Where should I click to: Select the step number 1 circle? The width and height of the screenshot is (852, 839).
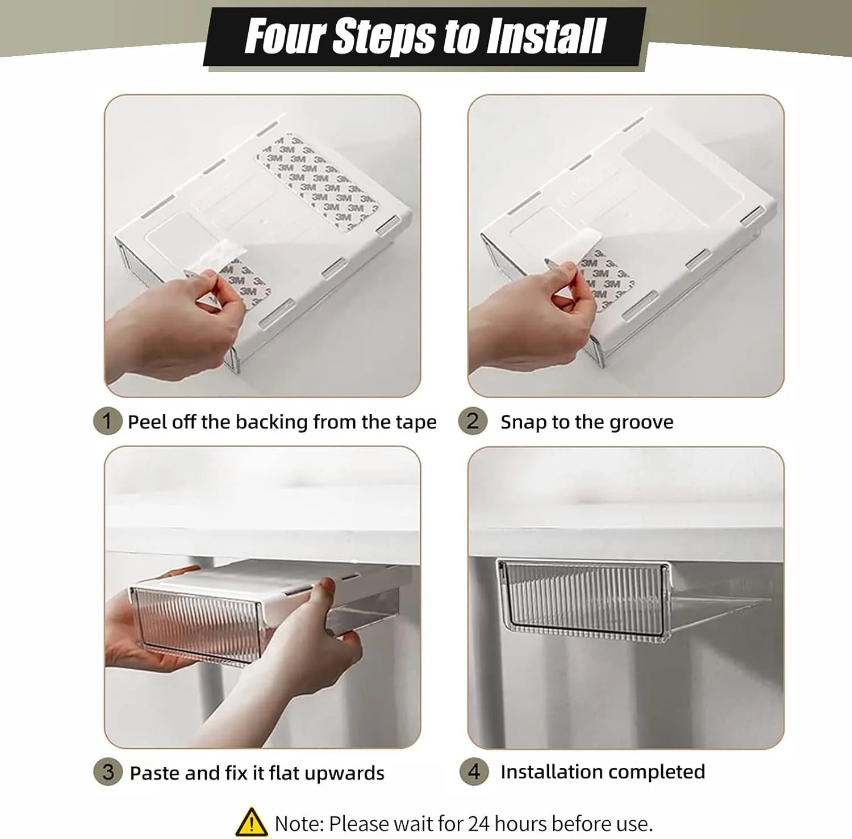(x=107, y=421)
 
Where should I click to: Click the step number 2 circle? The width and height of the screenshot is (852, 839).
(x=473, y=421)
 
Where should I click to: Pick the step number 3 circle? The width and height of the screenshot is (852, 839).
(x=108, y=772)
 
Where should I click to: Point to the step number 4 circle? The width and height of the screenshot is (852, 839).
(x=474, y=772)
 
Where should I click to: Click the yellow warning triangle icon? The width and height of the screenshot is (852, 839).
(x=251, y=823)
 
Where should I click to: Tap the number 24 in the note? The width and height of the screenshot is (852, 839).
(x=479, y=824)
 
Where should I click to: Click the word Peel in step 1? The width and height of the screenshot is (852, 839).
(x=147, y=422)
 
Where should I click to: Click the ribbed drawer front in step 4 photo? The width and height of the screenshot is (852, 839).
(x=583, y=599)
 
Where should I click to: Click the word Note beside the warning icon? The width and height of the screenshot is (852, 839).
(x=299, y=824)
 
